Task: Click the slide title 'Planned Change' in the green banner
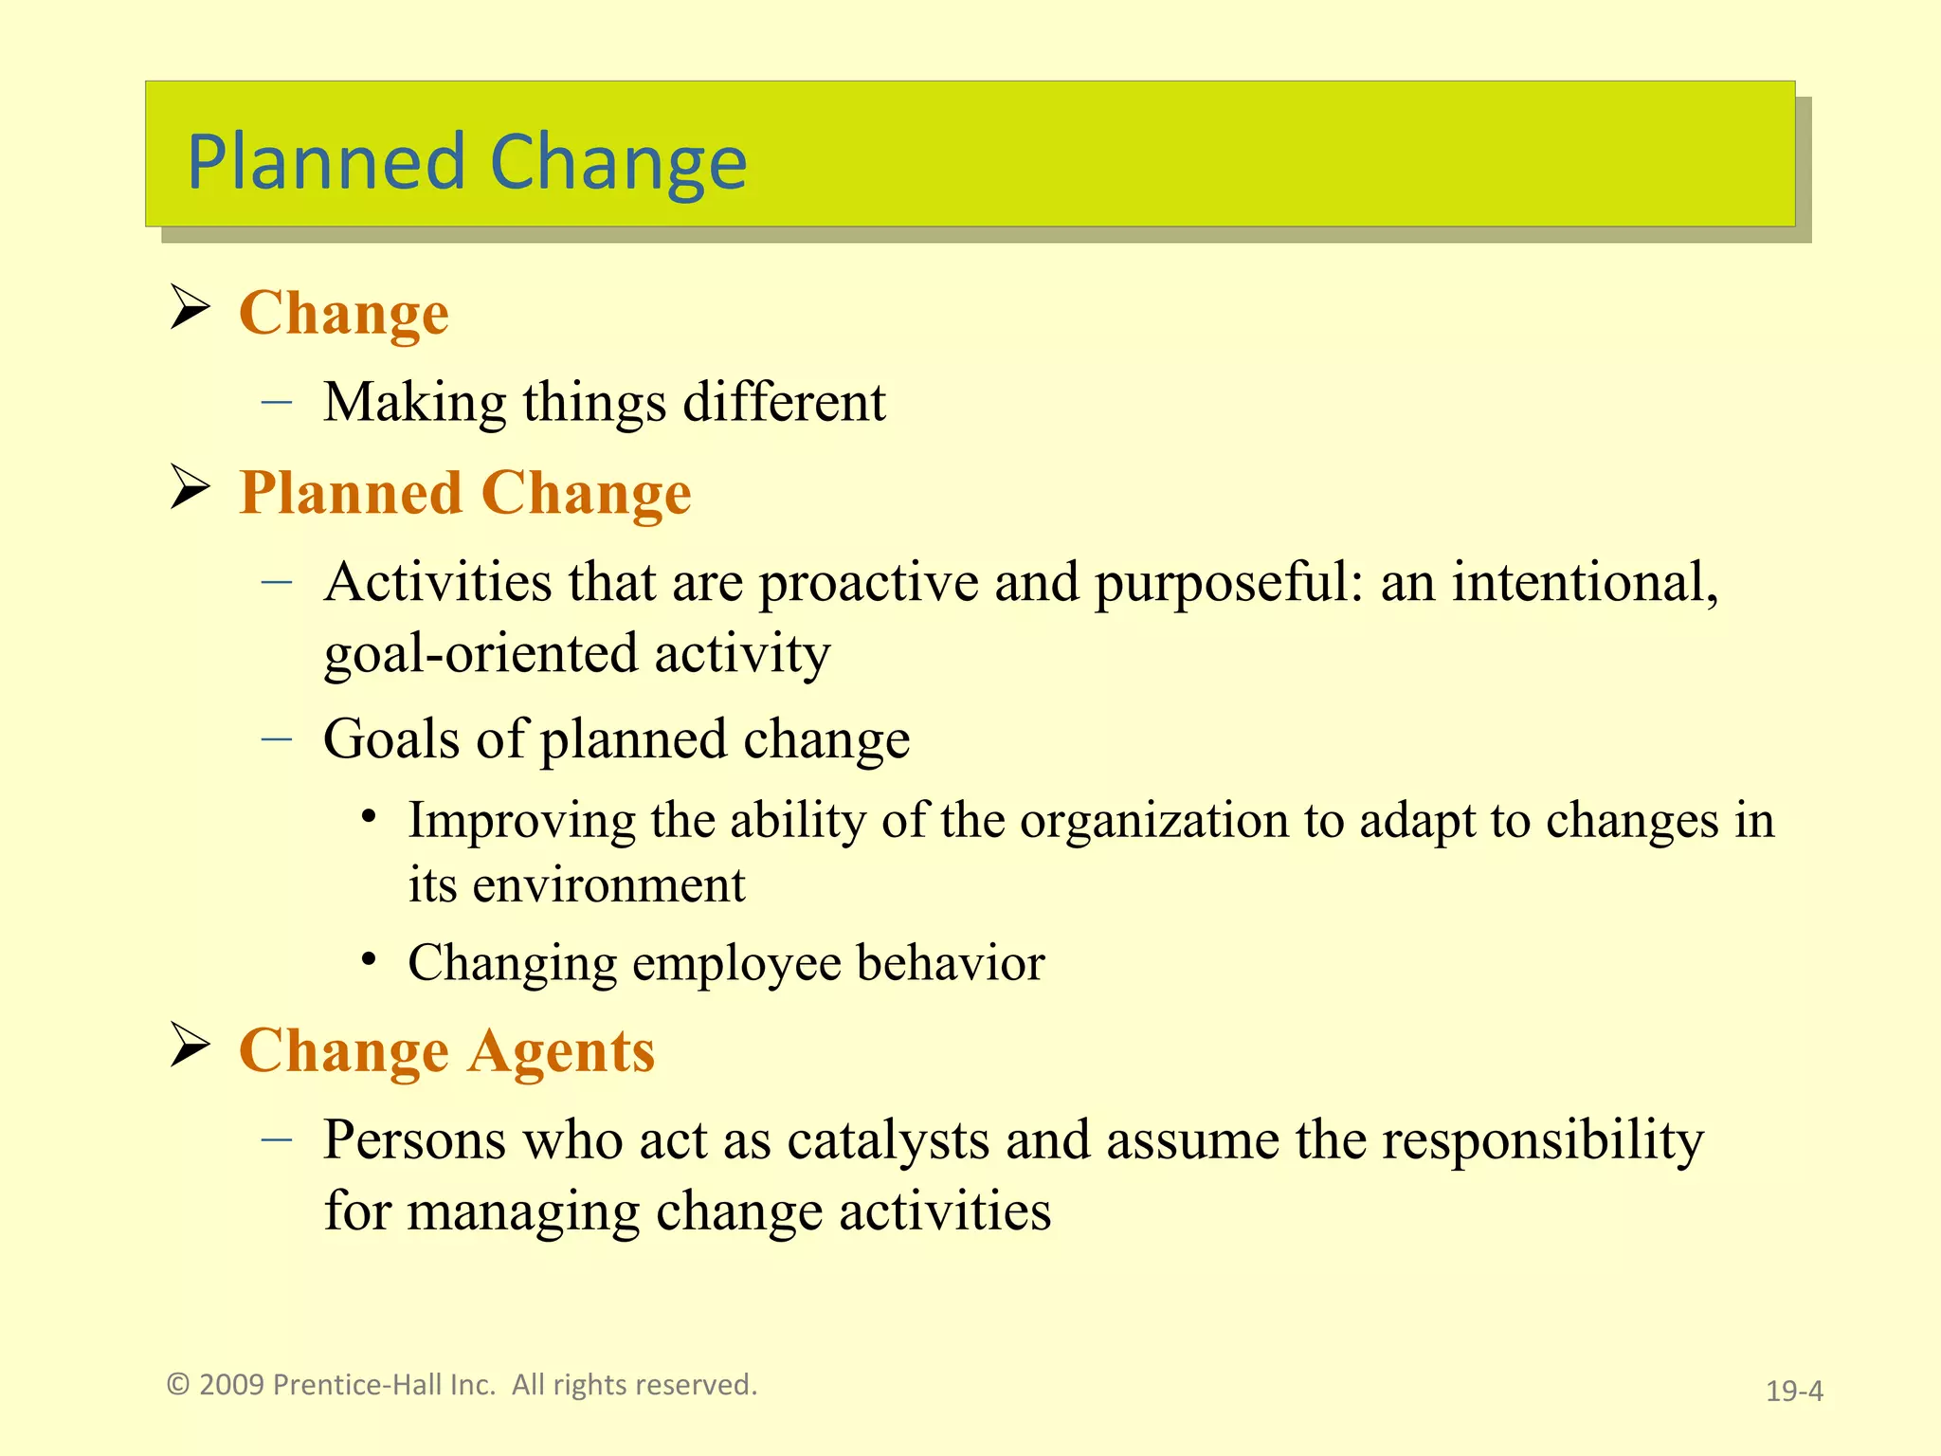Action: [467, 162]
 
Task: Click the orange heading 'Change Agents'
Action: [446, 1050]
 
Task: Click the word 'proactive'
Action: [868, 582]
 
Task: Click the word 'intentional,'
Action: [1585, 582]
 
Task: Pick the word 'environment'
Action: [608, 885]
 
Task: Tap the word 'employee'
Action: [736, 963]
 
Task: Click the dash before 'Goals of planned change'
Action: [277, 738]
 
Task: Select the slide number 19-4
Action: [1793, 1391]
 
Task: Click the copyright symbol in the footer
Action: [178, 1385]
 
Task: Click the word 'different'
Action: [784, 402]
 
